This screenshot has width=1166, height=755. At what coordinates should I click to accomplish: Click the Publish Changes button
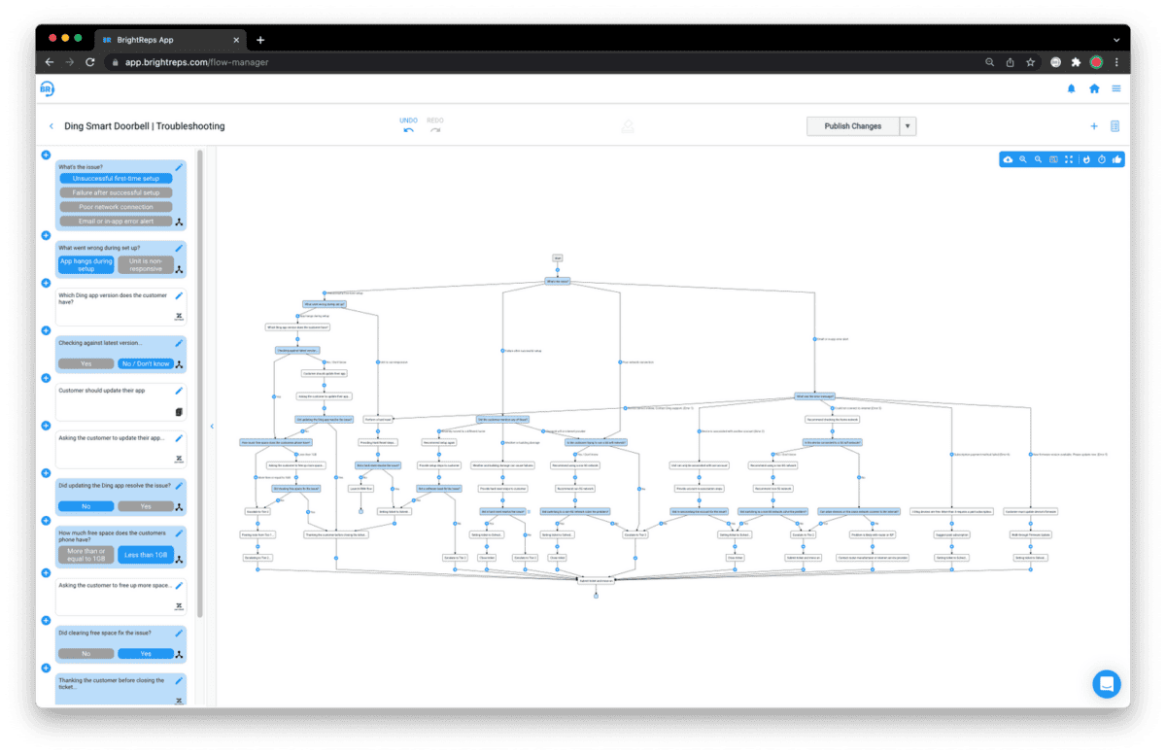tap(852, 126)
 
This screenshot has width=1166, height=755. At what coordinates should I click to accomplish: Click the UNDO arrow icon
tap(409, 131)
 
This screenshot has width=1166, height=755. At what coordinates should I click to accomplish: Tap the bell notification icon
tap(1072, 88)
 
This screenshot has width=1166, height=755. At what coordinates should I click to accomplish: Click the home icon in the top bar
tap(1094, 88)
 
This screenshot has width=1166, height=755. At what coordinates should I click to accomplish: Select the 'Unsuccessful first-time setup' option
tap(116, 179)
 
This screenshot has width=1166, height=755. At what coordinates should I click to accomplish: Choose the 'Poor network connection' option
tap(116, 207)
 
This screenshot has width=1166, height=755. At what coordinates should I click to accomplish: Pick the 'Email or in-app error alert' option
tap(116, 222)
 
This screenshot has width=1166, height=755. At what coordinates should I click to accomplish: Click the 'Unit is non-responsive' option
tap(146, 264)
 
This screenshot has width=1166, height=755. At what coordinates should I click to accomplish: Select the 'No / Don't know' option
tap(146, 363)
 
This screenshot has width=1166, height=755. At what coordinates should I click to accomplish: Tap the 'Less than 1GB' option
tap(146, 556)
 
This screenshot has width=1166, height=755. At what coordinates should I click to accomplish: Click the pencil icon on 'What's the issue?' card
tap(179, 167)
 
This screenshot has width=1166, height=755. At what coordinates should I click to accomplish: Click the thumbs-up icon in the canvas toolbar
tap(1117, 159)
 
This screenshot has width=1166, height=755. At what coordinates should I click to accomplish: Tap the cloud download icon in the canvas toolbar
tap(1008, 159)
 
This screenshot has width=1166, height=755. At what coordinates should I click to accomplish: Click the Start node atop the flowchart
tap(558, 257)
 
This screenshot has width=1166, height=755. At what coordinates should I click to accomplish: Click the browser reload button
tap(90, 62)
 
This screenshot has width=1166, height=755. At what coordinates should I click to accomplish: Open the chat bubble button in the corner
tap(1107, 683)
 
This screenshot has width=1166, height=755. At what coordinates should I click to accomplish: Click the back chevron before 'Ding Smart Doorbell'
tap(51, 126)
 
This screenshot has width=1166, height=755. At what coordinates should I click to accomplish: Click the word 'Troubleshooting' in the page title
tap(190, 126)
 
